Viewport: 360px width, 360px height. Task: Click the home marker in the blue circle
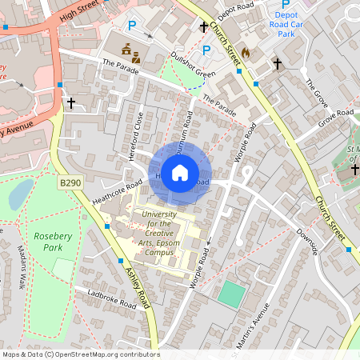(180, 172)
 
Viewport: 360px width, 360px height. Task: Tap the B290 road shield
(70, 184)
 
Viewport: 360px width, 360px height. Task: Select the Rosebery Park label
(53, 242)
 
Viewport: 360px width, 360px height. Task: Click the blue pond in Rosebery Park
(22, 193)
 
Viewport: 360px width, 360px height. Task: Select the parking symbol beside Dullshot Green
(206, 51)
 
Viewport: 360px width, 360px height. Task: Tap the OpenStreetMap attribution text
(80, 354)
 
